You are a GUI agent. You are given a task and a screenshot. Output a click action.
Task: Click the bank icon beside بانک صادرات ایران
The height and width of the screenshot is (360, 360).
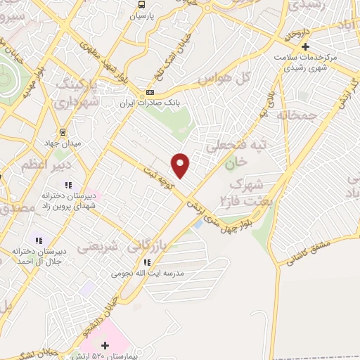[150, 92]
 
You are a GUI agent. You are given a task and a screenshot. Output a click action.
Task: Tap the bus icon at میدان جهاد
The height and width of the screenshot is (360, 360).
[63, 131]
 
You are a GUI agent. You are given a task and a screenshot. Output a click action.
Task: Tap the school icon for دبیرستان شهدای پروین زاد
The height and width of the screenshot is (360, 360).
[69, 184]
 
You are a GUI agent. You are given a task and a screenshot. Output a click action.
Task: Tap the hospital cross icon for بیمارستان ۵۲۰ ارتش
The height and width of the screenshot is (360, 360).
[105, 345]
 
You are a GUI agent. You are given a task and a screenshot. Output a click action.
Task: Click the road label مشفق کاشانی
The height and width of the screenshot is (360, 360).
[309, 251]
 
